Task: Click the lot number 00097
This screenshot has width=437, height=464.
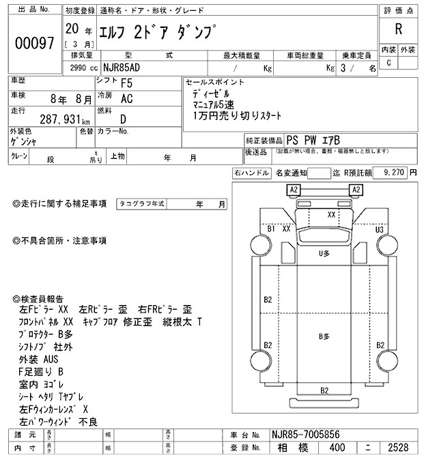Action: click(34, 43)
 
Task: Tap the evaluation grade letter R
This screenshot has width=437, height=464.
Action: click(398, 29)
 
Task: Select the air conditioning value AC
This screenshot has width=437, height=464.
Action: click(126, 100)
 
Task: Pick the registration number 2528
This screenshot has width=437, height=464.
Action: click(398, 448)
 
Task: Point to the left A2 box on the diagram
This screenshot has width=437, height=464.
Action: click(294, 189)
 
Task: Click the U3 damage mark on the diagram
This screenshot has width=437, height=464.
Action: click(380, 229)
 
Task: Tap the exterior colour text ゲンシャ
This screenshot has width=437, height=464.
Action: click(24, 141)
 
